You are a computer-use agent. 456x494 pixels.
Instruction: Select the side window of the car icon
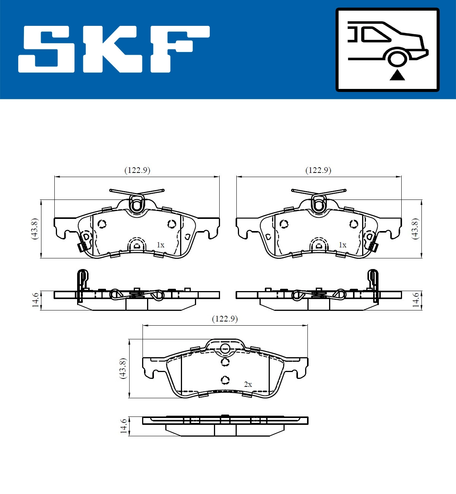pos(376,34)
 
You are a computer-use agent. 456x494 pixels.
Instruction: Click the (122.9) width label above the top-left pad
pos(137,170)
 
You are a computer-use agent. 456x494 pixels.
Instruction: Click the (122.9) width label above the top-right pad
pos(318,170)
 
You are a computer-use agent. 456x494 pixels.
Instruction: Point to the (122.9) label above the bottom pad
pos(225,318)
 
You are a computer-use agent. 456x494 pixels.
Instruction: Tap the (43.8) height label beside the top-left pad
pos(35,228)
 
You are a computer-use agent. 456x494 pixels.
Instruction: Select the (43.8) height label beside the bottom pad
pos(122,368)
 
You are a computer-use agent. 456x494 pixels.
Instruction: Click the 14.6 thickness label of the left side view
pos(35,300)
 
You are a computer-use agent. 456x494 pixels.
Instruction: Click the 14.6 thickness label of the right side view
pos(416,300)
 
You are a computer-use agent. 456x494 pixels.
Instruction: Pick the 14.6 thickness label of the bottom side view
pos(123,426)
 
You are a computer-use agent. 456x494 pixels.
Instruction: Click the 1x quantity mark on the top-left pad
pos(160,245)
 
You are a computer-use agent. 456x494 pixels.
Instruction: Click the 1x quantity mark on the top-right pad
pos(342,245)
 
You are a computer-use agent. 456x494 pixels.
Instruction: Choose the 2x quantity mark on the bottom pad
pos(248,385)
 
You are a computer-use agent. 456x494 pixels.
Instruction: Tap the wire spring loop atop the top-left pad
pos(136,204)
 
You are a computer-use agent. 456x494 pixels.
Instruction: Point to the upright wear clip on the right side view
pos(373,285)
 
